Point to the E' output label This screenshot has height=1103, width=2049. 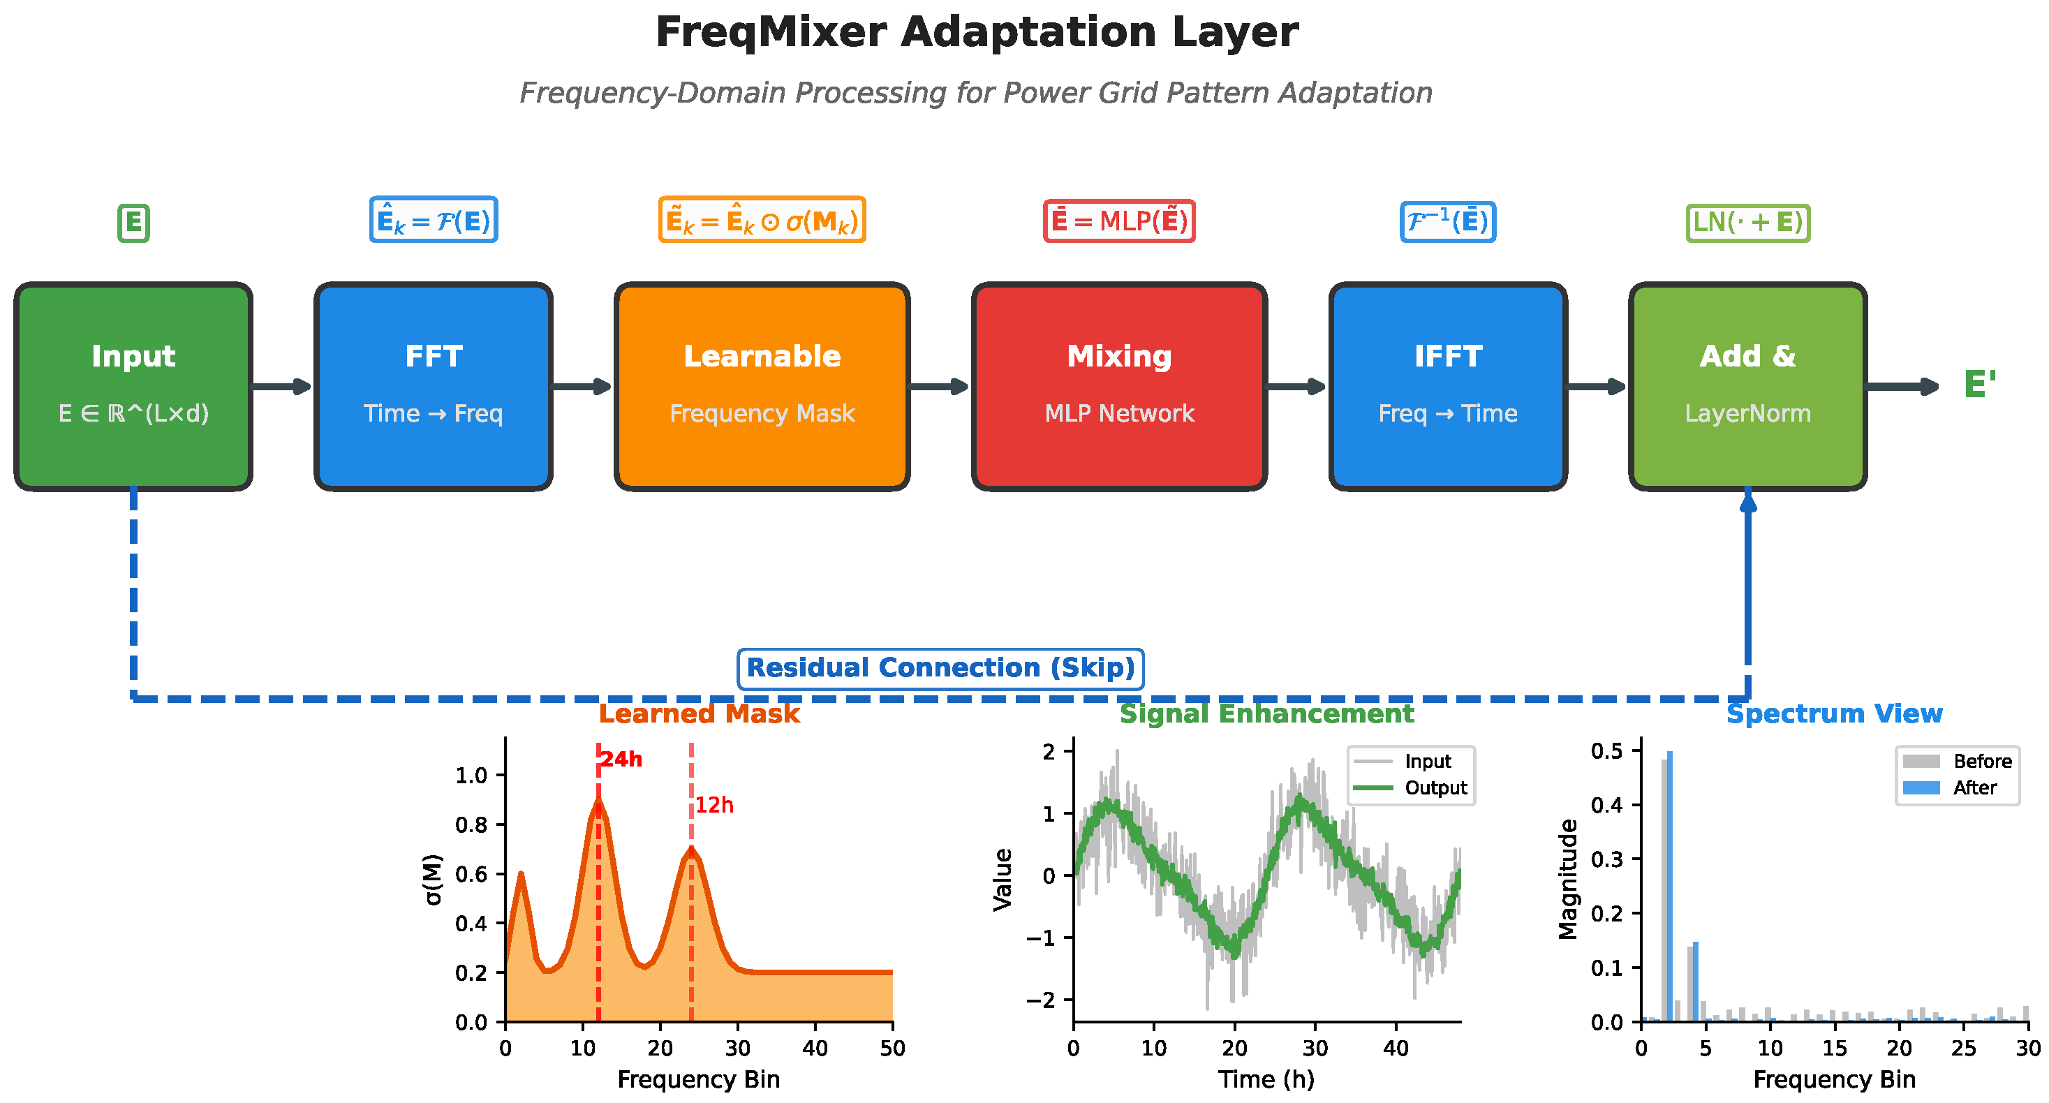pyautogui.click(x=1979, y=385)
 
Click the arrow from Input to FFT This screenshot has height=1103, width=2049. pyautogui.click(x=282, y=387)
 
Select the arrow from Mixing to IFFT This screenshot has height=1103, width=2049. pyautogui.click(x=1296, y=387)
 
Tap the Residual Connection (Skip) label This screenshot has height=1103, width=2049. pyautogui.click(x=940, y=668)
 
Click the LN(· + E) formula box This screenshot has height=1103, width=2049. pyautogui.click(x=1747, y=222)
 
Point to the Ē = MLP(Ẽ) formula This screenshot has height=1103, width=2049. pyautogui.click(x=1119, y=221)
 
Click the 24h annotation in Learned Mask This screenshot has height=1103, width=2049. pyautogui.click(x=621, y=760)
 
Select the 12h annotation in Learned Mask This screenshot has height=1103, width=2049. pyautogui.click(x=714, y=806)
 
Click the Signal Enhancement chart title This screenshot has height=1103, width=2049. pyautogui.click(x=1266, y=713)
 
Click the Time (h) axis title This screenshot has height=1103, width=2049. pyautogui.click(x=1266, y=1080)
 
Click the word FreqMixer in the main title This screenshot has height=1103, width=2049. pyautogui.click(x=770, y=34)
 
